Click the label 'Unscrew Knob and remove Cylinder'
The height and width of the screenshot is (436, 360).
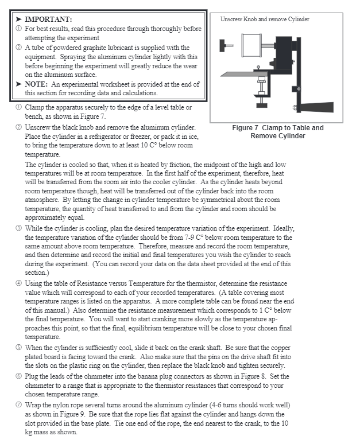pyautogui.click(x=265, y=20)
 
